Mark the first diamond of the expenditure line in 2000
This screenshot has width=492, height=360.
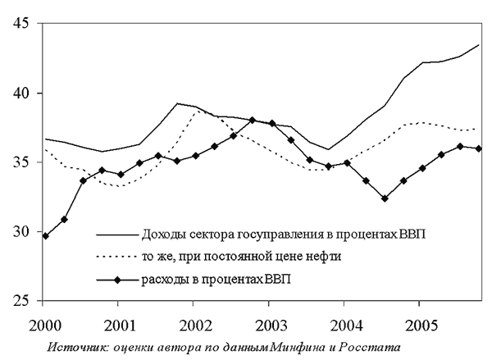click(x=46, y=236)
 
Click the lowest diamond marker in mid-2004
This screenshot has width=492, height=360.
click(x=384, y=198)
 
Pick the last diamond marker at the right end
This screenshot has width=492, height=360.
click(x=478, y=148)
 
